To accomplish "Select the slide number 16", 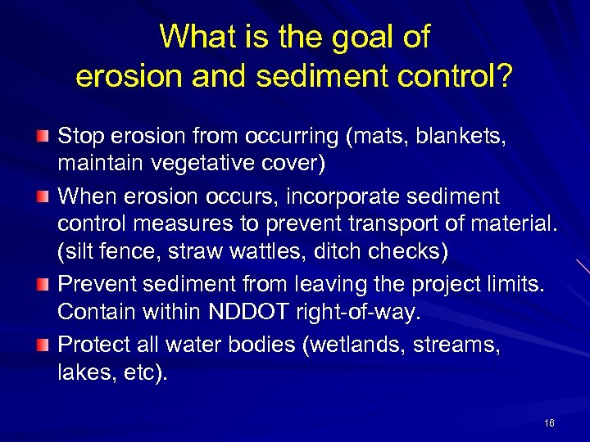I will point(549,423).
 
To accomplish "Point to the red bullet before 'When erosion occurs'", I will point(46,197).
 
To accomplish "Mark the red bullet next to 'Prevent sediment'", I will point(46,283).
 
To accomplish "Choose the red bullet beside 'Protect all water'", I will point(46,345).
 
